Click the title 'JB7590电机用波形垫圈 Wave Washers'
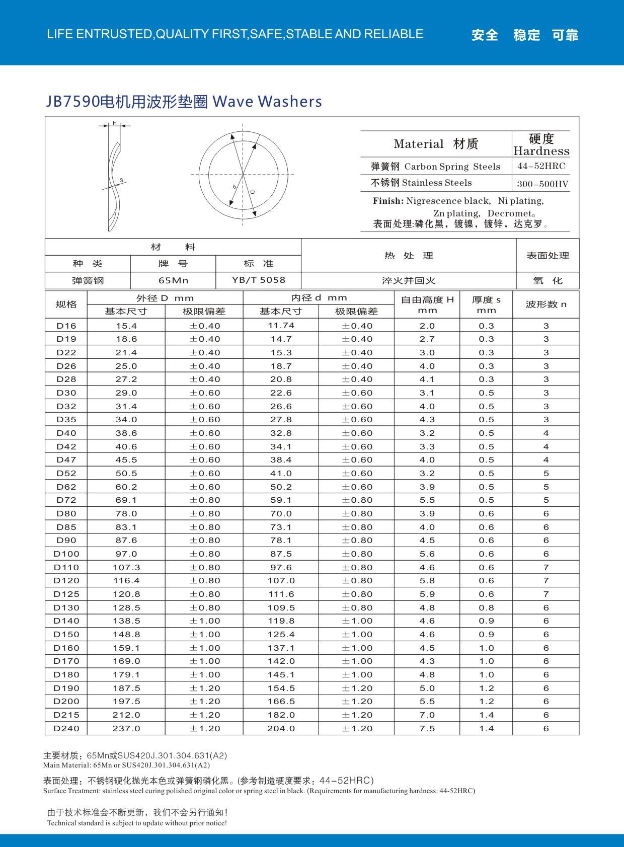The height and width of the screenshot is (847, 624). [x=184, y=101]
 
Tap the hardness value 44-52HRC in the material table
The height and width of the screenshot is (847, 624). [x=541, y=166]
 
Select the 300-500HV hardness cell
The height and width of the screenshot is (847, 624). [x=542, y=184]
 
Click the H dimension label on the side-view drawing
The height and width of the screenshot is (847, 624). [x=114, y=123]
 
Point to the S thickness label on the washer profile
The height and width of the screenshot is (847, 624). [x=121, y=180]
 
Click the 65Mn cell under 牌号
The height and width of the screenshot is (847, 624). [x=173, y=280]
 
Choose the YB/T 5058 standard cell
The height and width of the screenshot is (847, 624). [x=258, y=280]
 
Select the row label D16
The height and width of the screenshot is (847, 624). [x=66, y=326]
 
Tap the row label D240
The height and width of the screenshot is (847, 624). [x=66, y=728]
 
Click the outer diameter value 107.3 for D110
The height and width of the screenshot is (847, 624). [x=126, y=567]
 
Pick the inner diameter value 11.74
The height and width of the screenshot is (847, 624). [x=281, y=326]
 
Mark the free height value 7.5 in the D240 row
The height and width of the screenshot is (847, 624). [x=427, y=728]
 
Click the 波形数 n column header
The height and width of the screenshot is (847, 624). [x=545, y=304]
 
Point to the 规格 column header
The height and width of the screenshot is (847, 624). [x=66, y=304]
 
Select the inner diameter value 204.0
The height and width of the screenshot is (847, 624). [x=281, y=728]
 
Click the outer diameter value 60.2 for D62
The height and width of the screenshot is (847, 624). [x=126, y=487]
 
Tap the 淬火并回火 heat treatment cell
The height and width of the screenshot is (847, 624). [x=408, y=280]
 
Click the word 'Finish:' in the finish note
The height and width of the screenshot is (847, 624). [x=388, y=201]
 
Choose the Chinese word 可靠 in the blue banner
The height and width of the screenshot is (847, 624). [x=565, y=35]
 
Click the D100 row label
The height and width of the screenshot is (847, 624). [x=66, y=554]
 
